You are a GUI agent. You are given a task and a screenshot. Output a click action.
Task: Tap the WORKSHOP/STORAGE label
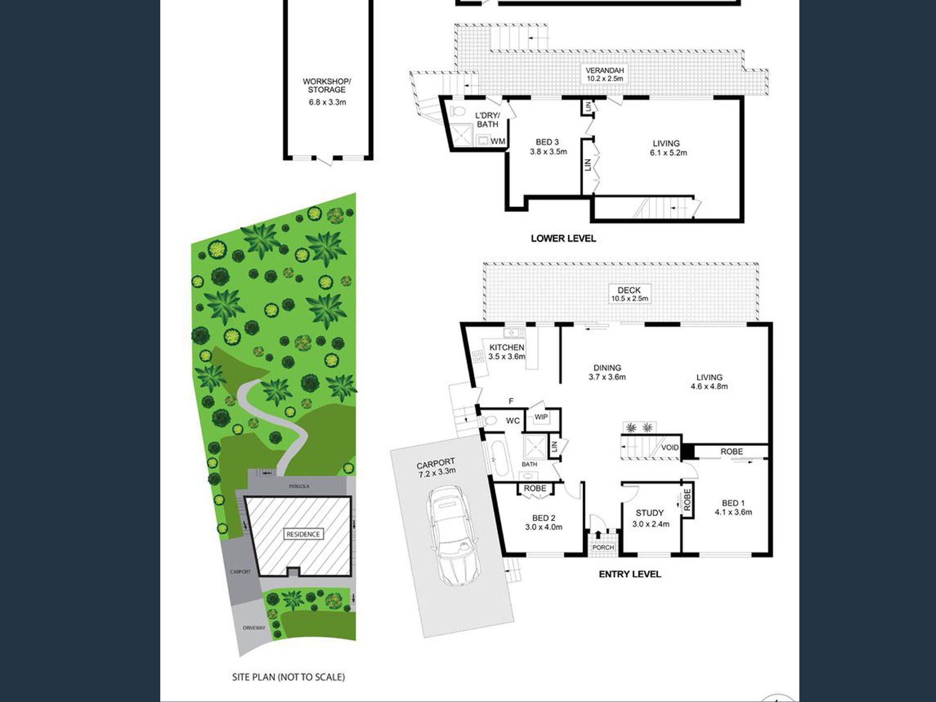(327, 86)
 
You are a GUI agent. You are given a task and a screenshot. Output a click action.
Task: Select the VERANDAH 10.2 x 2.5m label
(604, 74)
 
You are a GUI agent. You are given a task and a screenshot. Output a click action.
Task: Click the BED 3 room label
(547, 142)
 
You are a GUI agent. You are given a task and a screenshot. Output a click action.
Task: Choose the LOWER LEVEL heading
(564, 238)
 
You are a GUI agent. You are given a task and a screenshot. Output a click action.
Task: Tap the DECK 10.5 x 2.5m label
(630, 294)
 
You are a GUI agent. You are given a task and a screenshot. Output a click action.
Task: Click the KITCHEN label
(506, 347)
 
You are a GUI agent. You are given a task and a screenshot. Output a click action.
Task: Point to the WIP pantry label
(541, 417)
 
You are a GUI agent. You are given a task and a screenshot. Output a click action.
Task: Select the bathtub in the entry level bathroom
(496, 459)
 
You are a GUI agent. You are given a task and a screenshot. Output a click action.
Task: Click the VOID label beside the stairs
(670, 448)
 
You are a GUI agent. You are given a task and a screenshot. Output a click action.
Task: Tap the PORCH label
(603, 548)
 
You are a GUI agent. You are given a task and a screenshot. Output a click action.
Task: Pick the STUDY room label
(649, 513)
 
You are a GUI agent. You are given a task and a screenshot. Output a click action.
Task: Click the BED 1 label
(733, 503)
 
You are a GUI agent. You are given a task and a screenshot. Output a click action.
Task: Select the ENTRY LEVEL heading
(630, 574)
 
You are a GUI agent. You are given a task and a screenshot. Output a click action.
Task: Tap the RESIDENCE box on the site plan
(303, 534)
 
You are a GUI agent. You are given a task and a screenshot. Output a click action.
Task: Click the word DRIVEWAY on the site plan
(254, 628)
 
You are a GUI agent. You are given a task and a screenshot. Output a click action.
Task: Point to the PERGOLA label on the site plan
(299, 487)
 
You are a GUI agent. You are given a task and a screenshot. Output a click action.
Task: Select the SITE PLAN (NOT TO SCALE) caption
(288, 677)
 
